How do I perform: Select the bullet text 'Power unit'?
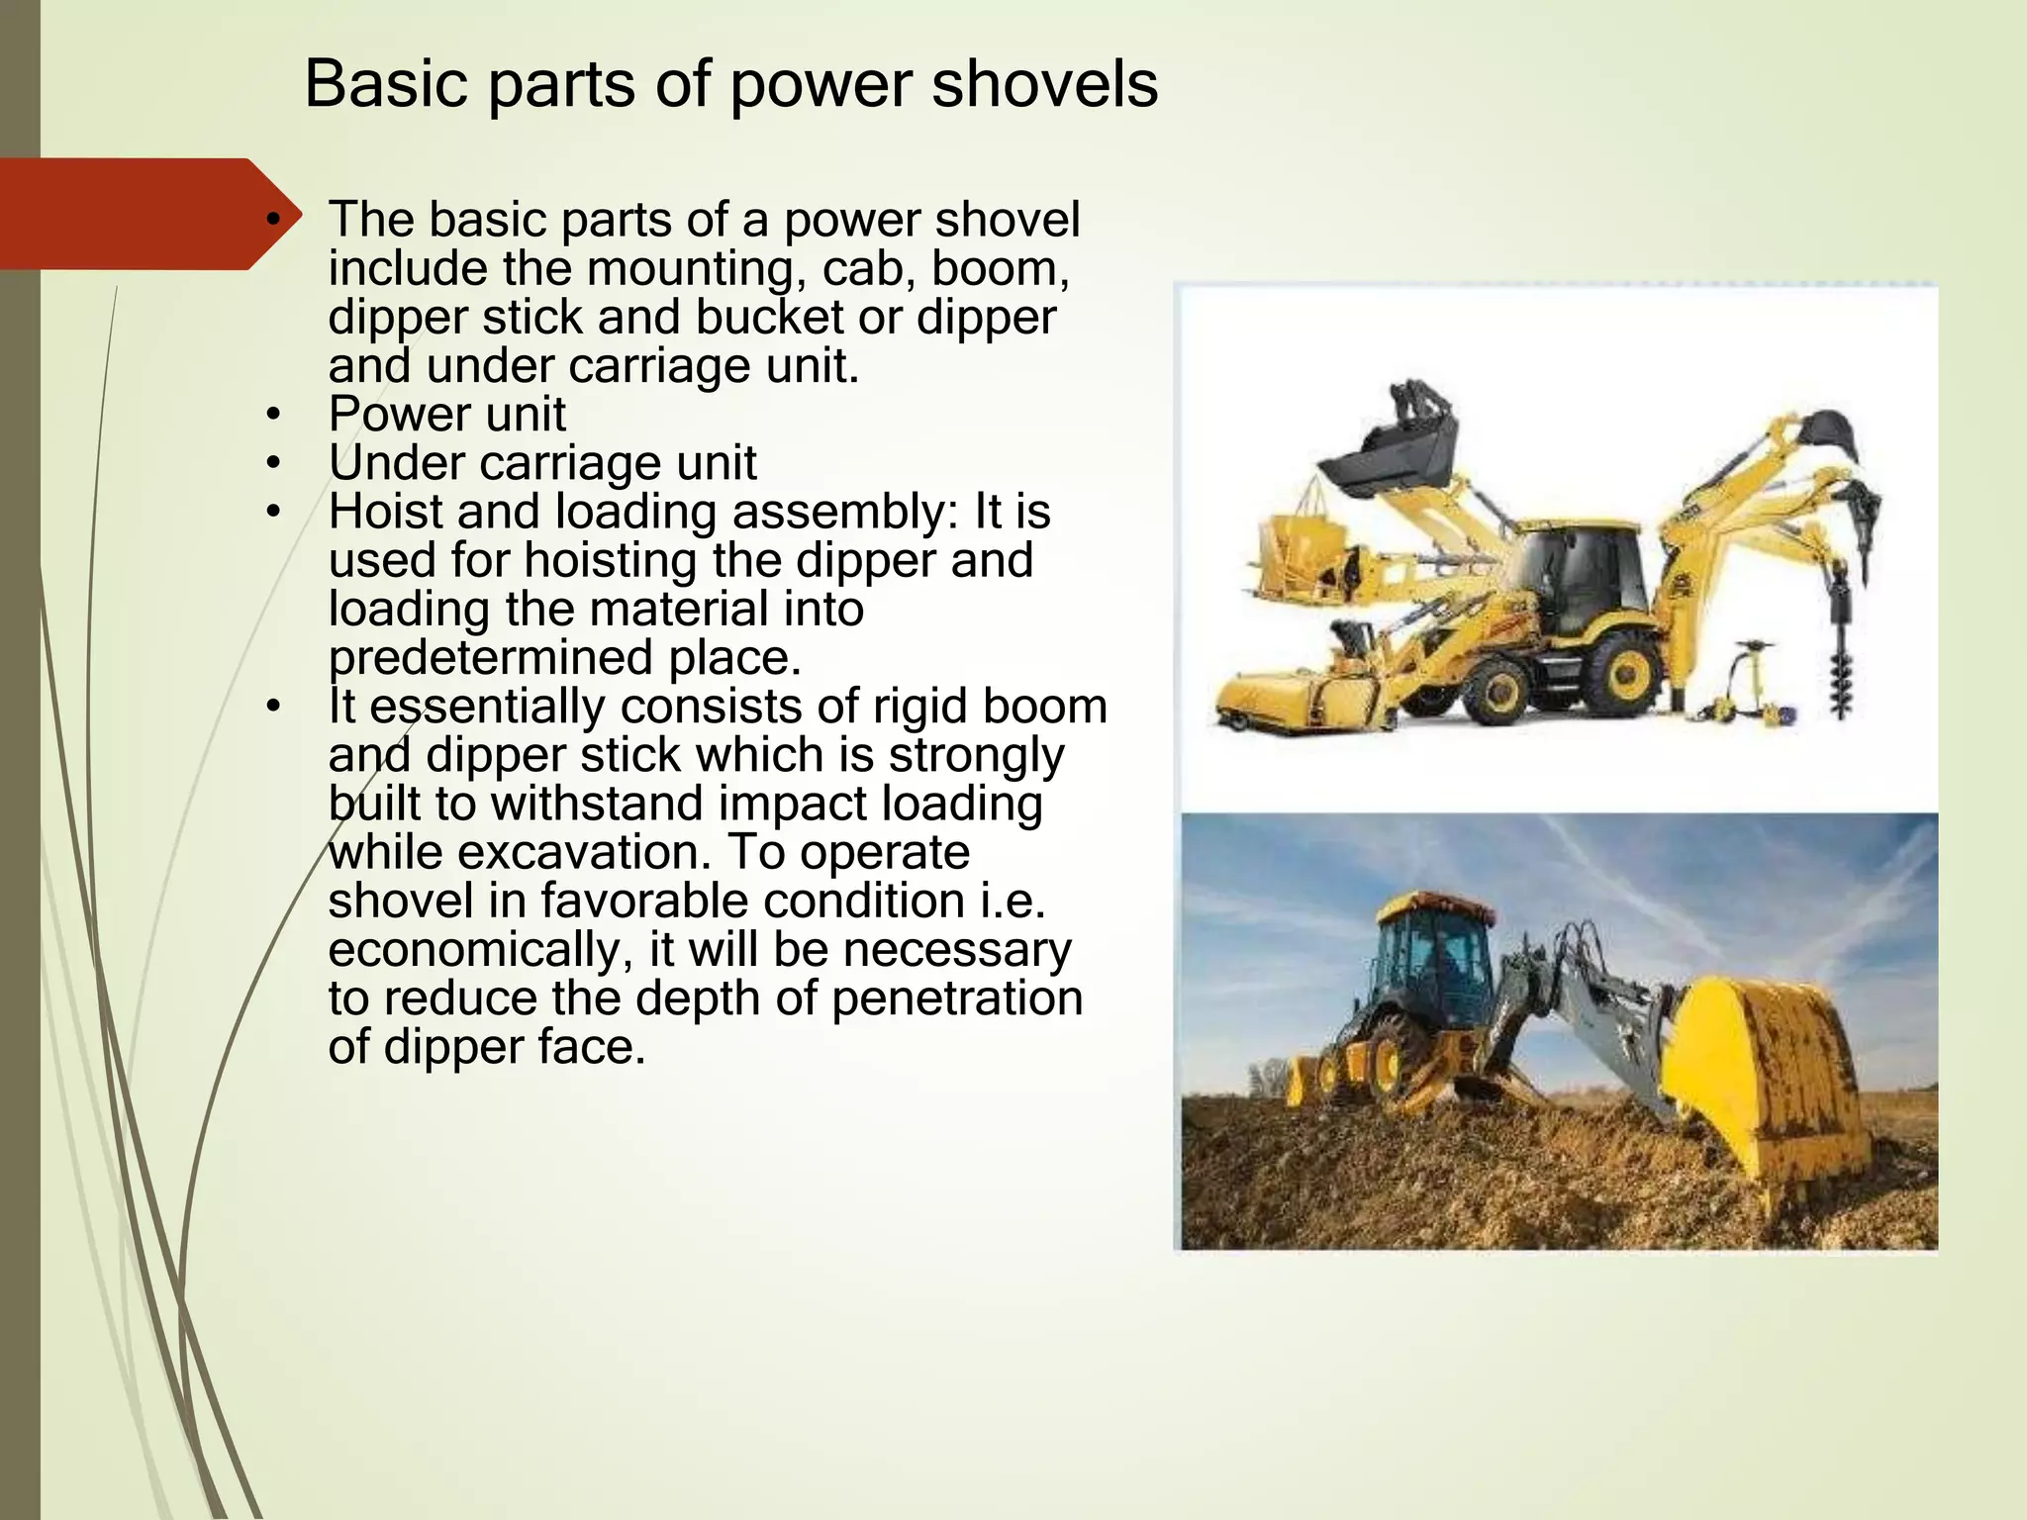[x=447, y=414]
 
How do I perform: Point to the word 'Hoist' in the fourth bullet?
[x=385, y=512]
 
